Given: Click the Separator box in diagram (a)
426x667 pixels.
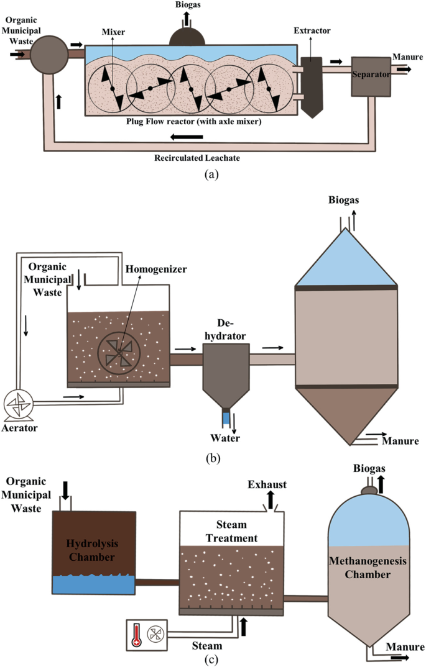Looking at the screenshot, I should tap(370, 76).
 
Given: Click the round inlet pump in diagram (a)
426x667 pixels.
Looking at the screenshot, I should tap(49, 55).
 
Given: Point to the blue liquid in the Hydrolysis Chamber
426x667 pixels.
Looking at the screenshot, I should tap(93, 586).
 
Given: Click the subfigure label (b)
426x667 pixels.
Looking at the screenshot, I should tap(213, 459).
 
